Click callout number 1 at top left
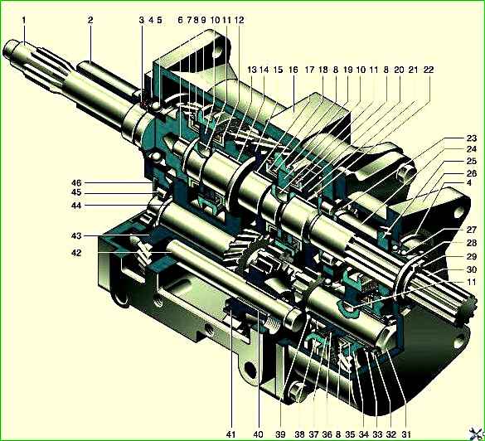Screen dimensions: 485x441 coord(24,21)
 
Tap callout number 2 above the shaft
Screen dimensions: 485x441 coord(90,21)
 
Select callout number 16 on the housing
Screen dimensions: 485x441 coord(293,70)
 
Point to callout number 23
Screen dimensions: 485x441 coord(472,138)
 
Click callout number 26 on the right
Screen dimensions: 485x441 coord(472,173)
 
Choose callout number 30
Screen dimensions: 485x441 coord(472,269)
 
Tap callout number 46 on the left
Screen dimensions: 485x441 coord(76,182)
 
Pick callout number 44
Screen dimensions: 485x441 coord(76,206)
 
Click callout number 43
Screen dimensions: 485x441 coord(76,236)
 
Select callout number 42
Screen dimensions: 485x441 coord(76,253)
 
